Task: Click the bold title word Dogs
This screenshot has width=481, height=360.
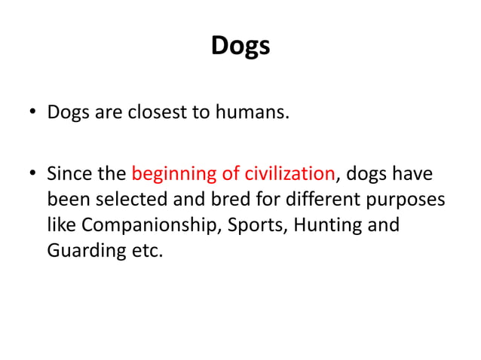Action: pos(240,47)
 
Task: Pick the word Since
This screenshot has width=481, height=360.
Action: pos(69,174)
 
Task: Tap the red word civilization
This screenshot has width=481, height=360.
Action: pos(290,174)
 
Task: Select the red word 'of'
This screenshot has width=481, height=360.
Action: pos(229,174)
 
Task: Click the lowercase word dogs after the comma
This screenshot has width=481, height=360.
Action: pos(367,174)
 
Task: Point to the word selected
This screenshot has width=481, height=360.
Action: pos(126,200)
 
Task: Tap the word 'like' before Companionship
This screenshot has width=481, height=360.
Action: pos(60,224)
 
